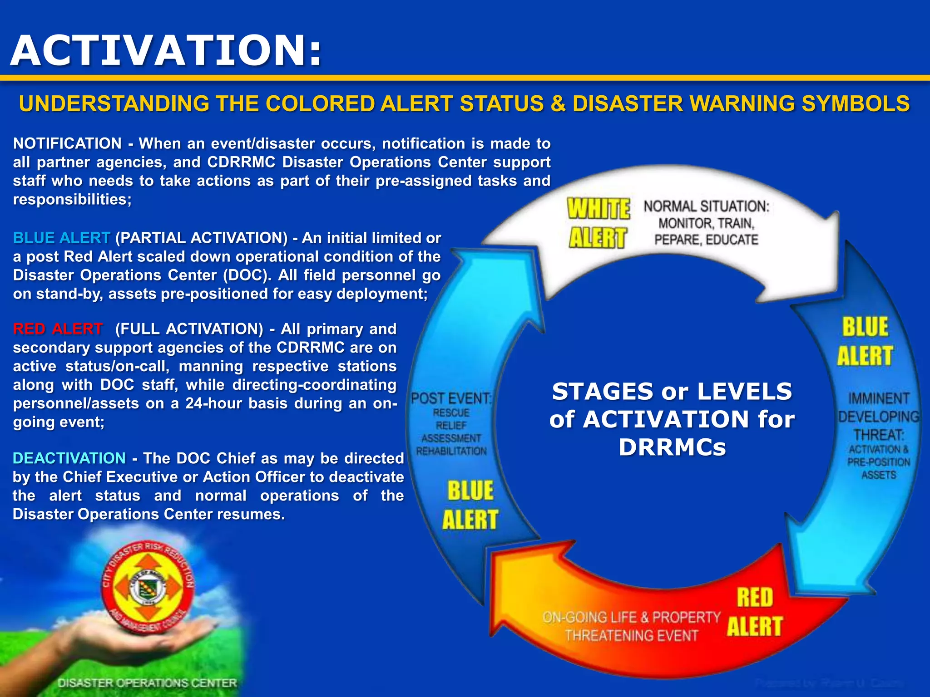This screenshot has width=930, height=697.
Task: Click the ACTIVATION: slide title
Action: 166,51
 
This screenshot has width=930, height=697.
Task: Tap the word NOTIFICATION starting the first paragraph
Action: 67,143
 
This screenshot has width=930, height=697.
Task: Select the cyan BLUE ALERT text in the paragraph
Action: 61,238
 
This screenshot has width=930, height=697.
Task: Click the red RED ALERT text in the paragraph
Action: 58,329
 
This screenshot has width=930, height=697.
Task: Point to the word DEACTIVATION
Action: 69,458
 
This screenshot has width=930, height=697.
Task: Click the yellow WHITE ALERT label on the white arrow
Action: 598,223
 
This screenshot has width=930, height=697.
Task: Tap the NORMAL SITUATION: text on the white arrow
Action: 706,206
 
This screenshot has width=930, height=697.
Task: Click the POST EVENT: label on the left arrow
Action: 451,398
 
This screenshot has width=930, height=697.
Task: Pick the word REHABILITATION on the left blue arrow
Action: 451,451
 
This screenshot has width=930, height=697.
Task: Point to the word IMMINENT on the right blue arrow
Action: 879,398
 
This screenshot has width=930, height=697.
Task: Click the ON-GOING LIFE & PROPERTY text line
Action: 631,617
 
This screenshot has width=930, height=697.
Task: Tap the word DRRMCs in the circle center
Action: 672,447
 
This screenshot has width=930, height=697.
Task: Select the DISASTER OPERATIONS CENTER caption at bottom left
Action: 147,683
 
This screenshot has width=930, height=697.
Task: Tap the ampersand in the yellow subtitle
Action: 558,103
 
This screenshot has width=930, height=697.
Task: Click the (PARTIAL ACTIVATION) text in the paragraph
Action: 201,238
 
